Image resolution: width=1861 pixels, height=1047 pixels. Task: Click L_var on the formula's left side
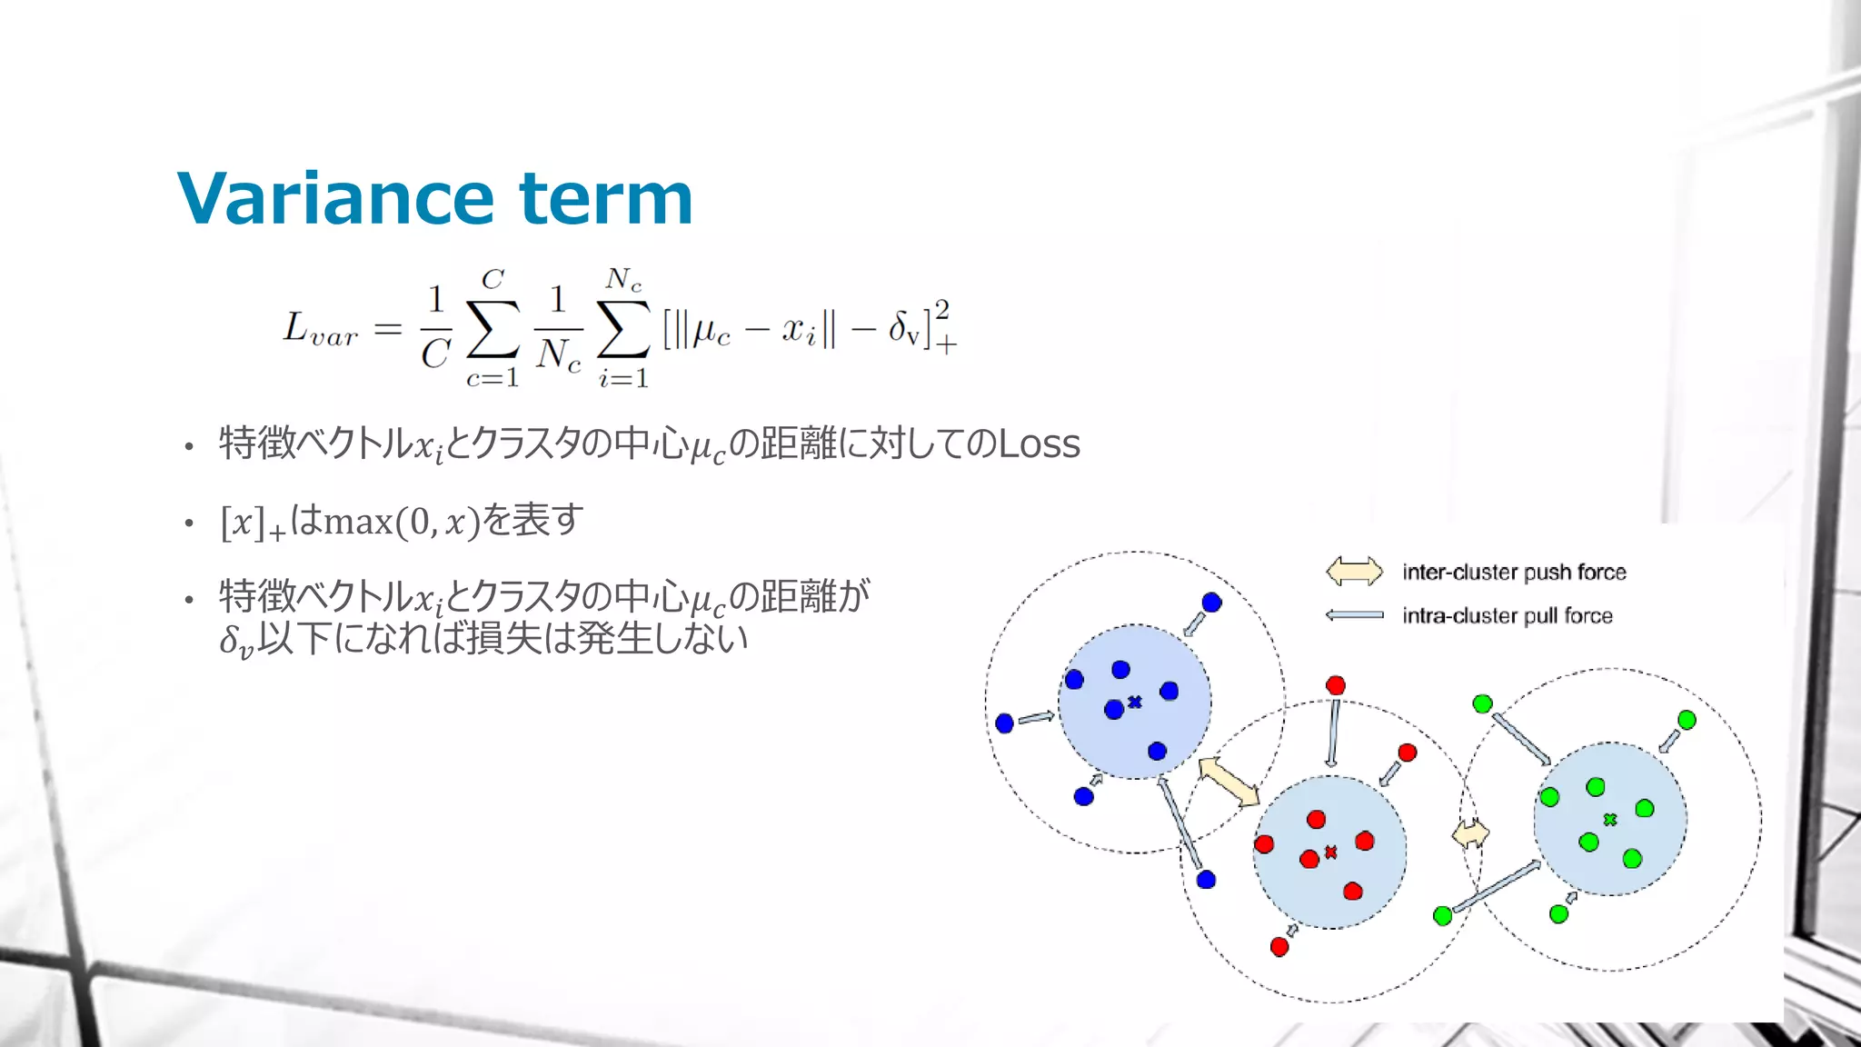click(x=320, y=330)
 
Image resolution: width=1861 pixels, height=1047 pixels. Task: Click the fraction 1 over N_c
click(x=557, y=329)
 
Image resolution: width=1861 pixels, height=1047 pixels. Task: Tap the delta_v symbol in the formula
click(x=905, y=329)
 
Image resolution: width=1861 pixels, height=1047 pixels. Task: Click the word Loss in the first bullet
click(x=1039, y=444)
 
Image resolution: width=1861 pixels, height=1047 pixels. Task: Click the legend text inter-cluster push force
click(x=1514, y=572)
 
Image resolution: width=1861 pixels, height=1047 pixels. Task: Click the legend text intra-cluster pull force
click(x=1507, y=615)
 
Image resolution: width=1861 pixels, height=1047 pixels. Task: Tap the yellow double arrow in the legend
click(x=1354, y=572)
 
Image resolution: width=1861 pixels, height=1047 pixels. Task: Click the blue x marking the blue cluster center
click(x=1135, y=702)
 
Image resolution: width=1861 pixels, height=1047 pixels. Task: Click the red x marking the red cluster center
click(x=1331, y=853)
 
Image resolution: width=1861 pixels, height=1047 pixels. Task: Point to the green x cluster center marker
click(x=1610, y=820)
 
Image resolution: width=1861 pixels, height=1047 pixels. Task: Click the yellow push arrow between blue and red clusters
click(x=1229, y=782)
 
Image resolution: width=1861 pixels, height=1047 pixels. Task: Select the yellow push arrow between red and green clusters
click(x=1470, y=833)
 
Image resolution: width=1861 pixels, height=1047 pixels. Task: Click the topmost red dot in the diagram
click(x=1335, y=685)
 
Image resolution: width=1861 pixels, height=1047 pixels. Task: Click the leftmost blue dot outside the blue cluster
click(x=1004, y=723)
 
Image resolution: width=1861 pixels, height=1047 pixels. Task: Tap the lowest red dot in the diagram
click(x=1279, y=947)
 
